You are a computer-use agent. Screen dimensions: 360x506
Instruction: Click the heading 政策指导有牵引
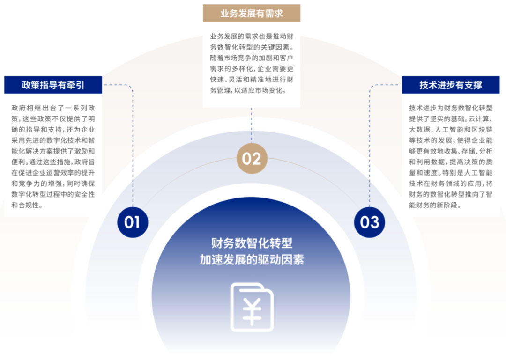click(x=53, y=85)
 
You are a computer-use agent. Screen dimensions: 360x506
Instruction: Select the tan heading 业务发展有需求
click(x=252, y=14)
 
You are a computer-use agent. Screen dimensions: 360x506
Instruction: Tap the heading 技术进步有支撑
click(x=451, y=85)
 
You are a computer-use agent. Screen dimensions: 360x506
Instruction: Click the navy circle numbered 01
click(x=133, y=222)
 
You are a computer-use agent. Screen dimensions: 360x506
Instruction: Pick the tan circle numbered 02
click(x=252, y=159)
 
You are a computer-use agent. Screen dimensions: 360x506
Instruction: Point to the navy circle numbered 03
click(x=370, y=222)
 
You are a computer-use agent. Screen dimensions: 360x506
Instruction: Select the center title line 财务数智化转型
click(x=252, y=243)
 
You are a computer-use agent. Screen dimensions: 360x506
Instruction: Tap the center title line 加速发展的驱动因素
click(x=252, y=260)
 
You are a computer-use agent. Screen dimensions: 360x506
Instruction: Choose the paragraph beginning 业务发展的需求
click(x=252, y=63)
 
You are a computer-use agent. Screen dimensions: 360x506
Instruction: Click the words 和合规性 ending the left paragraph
click(x=27, y=205)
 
